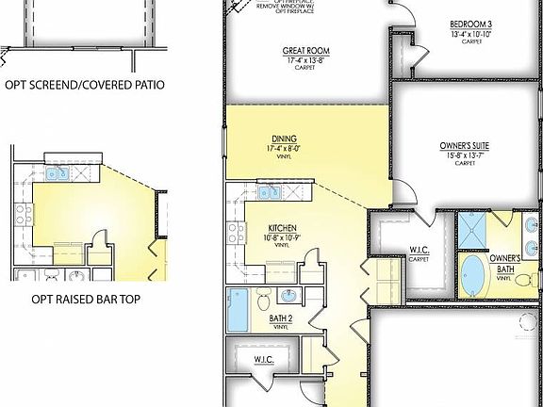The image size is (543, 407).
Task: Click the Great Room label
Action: click(x=298, y=51)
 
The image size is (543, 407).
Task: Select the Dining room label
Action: click(x=284, y=138)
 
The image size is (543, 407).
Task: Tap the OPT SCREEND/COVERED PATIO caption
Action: click(x=85, y=85)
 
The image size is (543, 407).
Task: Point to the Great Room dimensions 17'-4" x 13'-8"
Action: click(x=298, y=60)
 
